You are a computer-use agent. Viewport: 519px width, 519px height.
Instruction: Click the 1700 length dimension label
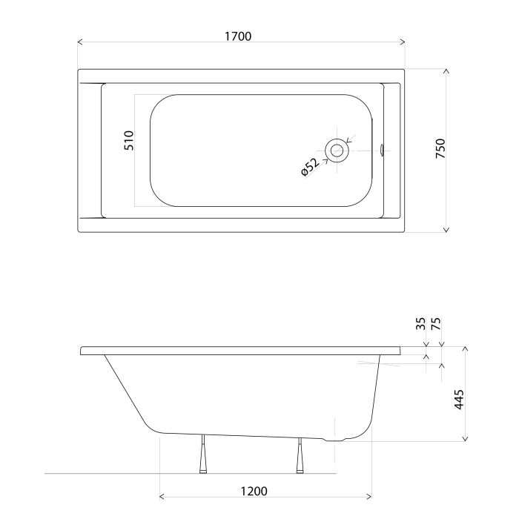pyautogui.click(x=238, y=36)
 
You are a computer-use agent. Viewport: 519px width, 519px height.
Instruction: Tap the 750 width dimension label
pyautogui.click(x=440, y=148)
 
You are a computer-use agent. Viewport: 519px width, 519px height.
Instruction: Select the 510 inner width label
pyautogui.click(x=129, y=141)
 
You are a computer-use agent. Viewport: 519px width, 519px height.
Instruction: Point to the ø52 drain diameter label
pyautogui.click(x=310, y=167)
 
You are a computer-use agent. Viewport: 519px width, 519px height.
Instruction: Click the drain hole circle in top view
pyautogui.click(x=337, y=151)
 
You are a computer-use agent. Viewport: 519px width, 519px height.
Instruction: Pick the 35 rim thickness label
pyautogui.click(x=420, y=323)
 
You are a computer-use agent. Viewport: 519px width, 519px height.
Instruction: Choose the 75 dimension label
pyautogui.click(x=436, y=323)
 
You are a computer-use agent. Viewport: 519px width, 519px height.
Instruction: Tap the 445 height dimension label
pyautogui.click(x=459, y=400)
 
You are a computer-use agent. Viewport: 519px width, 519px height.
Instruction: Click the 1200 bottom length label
pyautogui.click(x=254, y=491)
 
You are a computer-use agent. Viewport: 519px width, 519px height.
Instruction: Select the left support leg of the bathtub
pyautogui.click(x=203, y=454)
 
